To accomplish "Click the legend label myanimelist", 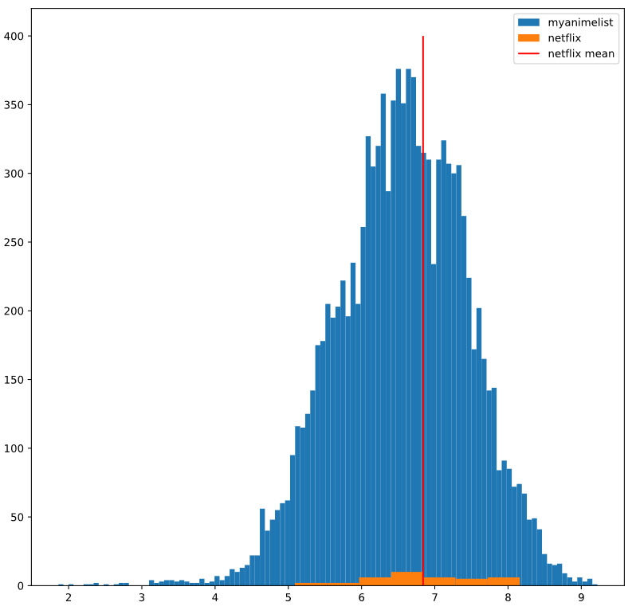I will (x=586, y=22).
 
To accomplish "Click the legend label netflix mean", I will (x=581, y=54).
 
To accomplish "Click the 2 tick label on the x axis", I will (x=69, y=597).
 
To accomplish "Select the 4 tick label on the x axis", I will (x=215, y=597).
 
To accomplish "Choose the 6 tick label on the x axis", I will (x=361, y=597).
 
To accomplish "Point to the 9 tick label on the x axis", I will (x=581, y=597).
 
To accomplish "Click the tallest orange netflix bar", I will (x=406, y=579).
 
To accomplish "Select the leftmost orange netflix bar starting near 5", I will (x=327, y=584).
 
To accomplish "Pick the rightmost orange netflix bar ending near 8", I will (x=503, y=581).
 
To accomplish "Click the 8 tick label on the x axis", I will (x=508, y=597).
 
